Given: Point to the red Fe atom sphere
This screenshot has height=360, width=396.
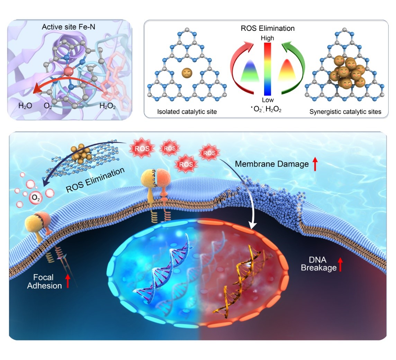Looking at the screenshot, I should [x=68, y=72].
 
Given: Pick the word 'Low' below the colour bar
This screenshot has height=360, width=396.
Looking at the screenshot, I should [x=267, y=100].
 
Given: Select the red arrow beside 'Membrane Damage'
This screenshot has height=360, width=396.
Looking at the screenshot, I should [x=315, y=164].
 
